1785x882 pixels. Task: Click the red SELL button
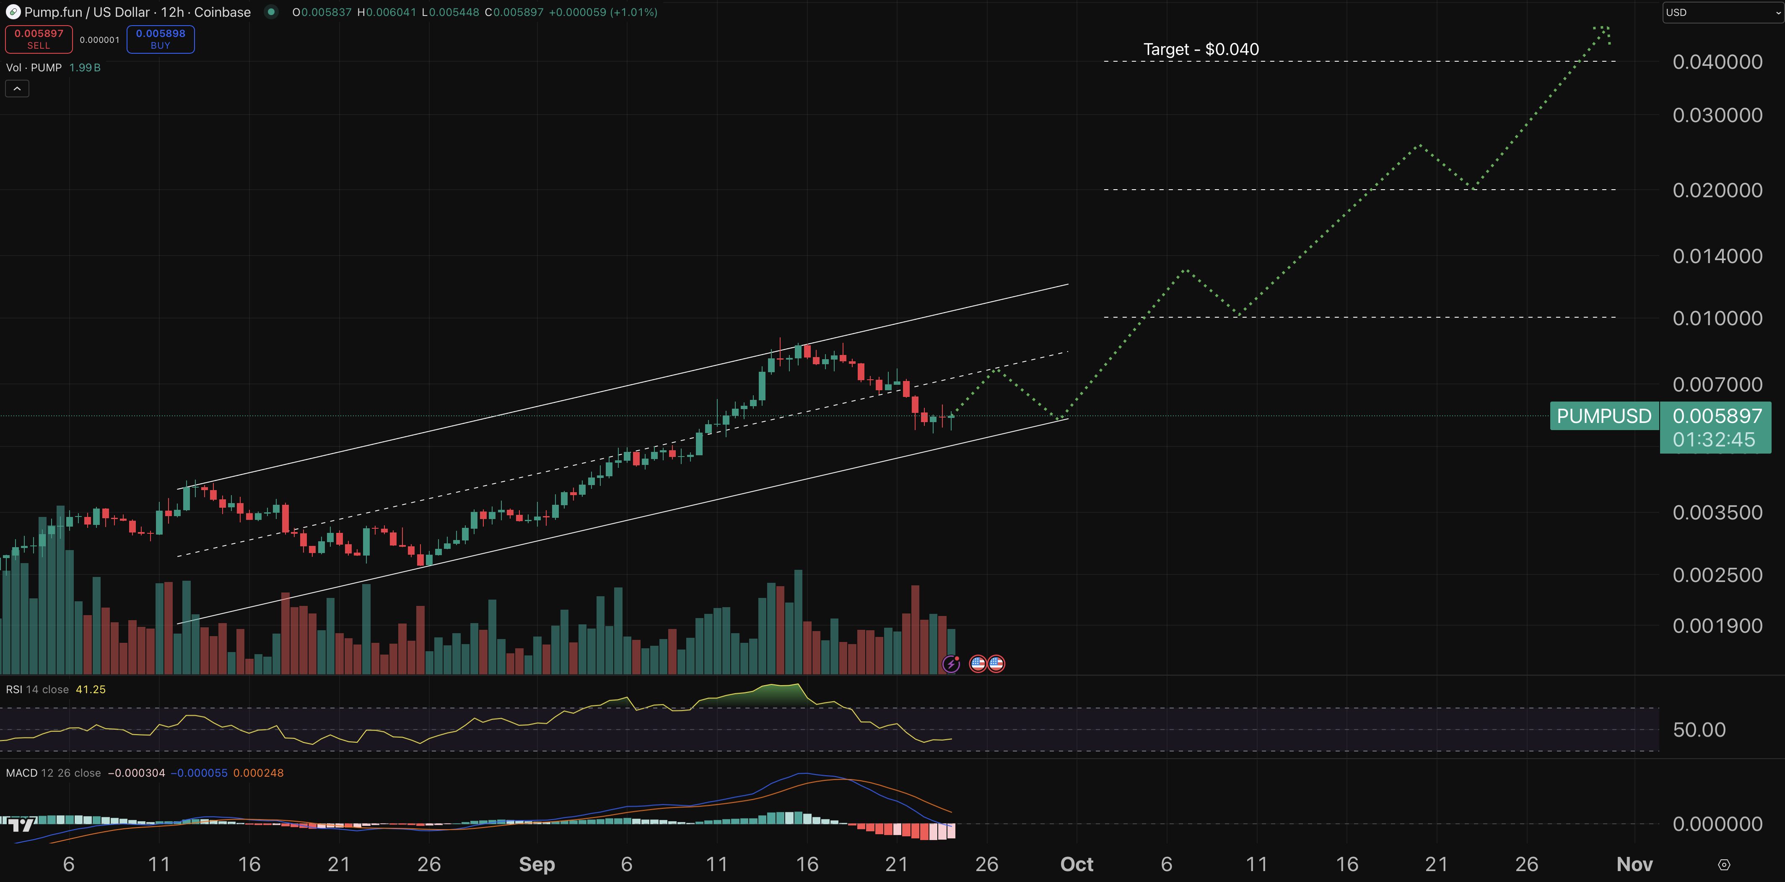click(39, 39)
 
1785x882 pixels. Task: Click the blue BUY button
click(160, 39)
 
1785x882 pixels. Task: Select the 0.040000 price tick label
click(1717, 62)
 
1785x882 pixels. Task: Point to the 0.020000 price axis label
click(1717, 190)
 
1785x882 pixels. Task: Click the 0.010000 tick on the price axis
click(1717, 318)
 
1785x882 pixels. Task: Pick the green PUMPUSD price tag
click(1603, 416)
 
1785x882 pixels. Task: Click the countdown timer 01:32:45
click(1714, 440)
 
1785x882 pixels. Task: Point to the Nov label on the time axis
click(1634, 864)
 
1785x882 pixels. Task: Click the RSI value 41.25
click(91, 689)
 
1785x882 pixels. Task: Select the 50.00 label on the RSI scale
click(1699, 729)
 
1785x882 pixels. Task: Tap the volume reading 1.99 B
click(85, 67)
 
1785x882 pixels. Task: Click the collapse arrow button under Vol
click(17, 89)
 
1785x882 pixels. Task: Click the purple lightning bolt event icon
click(951, 664)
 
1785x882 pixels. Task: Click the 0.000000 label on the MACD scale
click(1717, 824)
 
